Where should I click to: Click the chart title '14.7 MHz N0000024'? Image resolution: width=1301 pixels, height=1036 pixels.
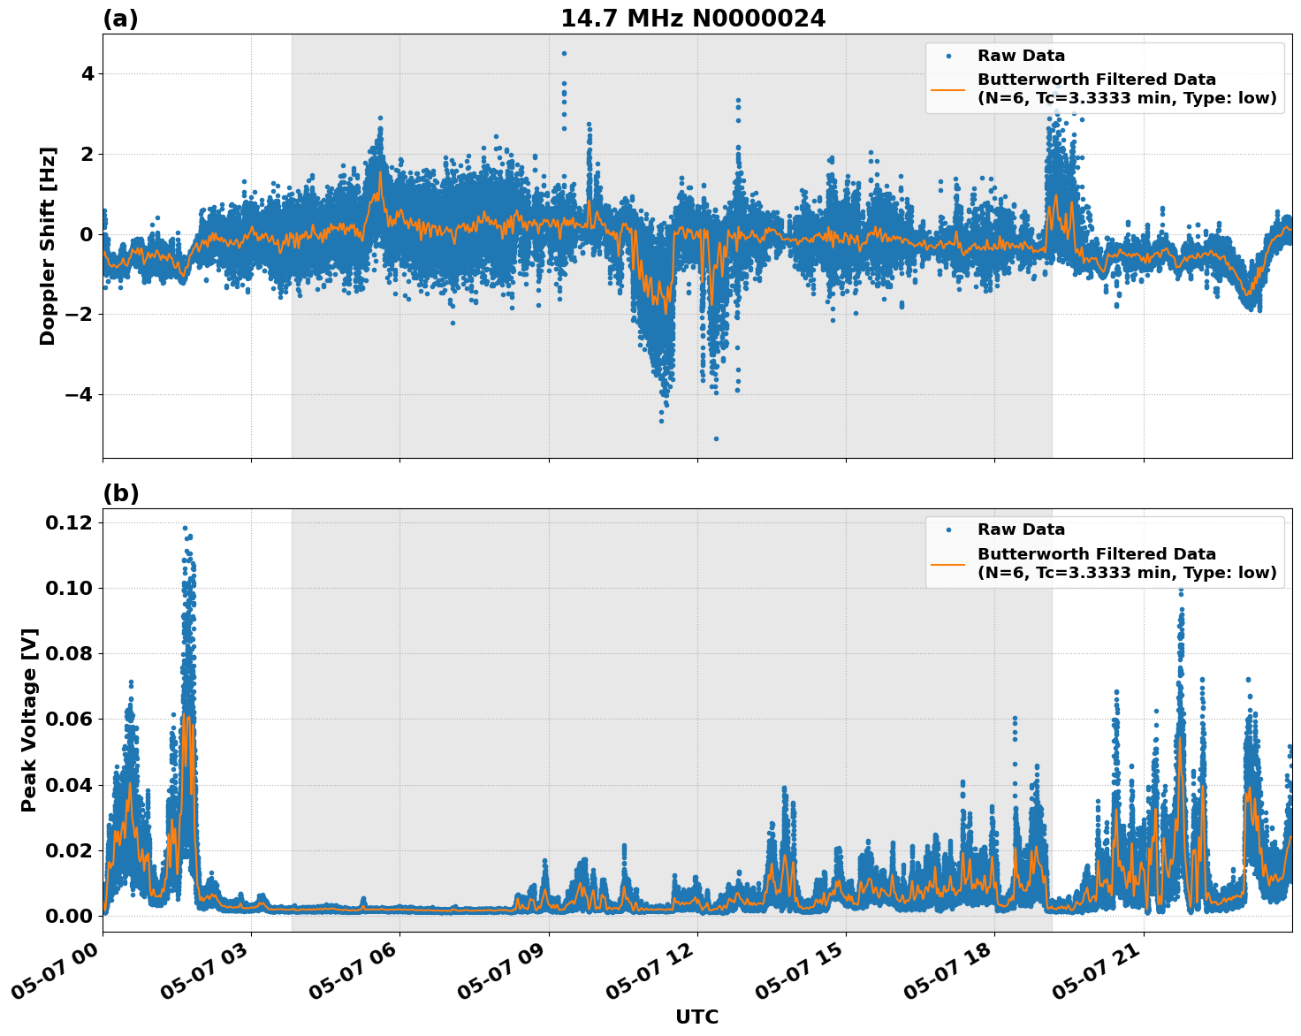693,19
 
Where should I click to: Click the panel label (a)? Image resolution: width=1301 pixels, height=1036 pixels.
120,19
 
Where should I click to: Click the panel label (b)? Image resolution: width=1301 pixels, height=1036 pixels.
120,493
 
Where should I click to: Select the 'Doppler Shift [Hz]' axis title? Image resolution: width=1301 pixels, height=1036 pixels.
48,246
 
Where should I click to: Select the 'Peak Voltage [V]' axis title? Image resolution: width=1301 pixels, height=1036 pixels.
29,720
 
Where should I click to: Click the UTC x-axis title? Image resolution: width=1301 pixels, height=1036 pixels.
696,1017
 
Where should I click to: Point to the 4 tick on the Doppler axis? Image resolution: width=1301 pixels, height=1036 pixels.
87,73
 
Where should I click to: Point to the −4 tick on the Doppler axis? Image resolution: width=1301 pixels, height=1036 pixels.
78,394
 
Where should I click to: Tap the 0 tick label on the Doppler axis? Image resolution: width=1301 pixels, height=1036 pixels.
87,234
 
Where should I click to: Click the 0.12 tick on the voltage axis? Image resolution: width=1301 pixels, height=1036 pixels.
68,523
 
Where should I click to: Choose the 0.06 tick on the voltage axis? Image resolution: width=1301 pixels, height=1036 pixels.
68,720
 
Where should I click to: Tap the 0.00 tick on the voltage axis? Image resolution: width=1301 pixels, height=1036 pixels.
68,916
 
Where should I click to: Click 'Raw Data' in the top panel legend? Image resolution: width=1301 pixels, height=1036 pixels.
1021,56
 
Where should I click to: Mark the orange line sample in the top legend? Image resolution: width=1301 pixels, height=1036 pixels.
947,89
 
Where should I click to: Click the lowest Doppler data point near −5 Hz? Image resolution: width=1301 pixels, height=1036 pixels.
716,438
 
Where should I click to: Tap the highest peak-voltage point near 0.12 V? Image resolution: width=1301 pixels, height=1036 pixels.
185,528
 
